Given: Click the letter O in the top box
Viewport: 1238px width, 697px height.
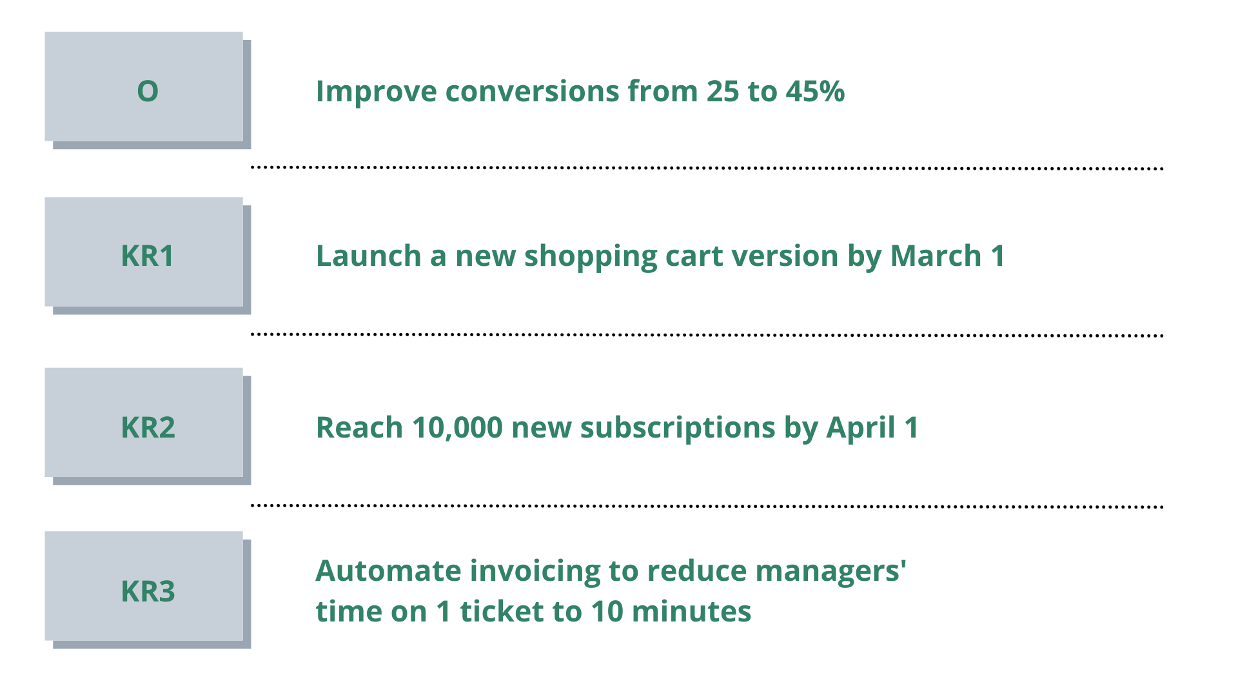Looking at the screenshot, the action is click(x=148, y=91).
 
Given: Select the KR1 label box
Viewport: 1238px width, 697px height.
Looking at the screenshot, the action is click(x=144, y=252).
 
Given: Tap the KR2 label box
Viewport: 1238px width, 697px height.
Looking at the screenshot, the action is click(x=144, y=422).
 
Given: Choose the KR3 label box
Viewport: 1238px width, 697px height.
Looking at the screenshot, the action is click(x=144, y=586).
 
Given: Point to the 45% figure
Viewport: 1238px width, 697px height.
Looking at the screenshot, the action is click(x=815, y=91).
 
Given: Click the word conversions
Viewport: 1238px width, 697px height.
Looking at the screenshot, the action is click(x=532, y=91).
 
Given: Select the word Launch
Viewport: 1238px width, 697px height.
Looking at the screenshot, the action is click(x=368, y=256).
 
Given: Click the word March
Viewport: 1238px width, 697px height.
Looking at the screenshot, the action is click(x=936, y=256).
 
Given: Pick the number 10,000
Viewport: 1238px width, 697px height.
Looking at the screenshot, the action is click(x=457, y=428).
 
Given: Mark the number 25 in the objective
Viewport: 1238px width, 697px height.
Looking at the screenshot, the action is click(x=723, y=91).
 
